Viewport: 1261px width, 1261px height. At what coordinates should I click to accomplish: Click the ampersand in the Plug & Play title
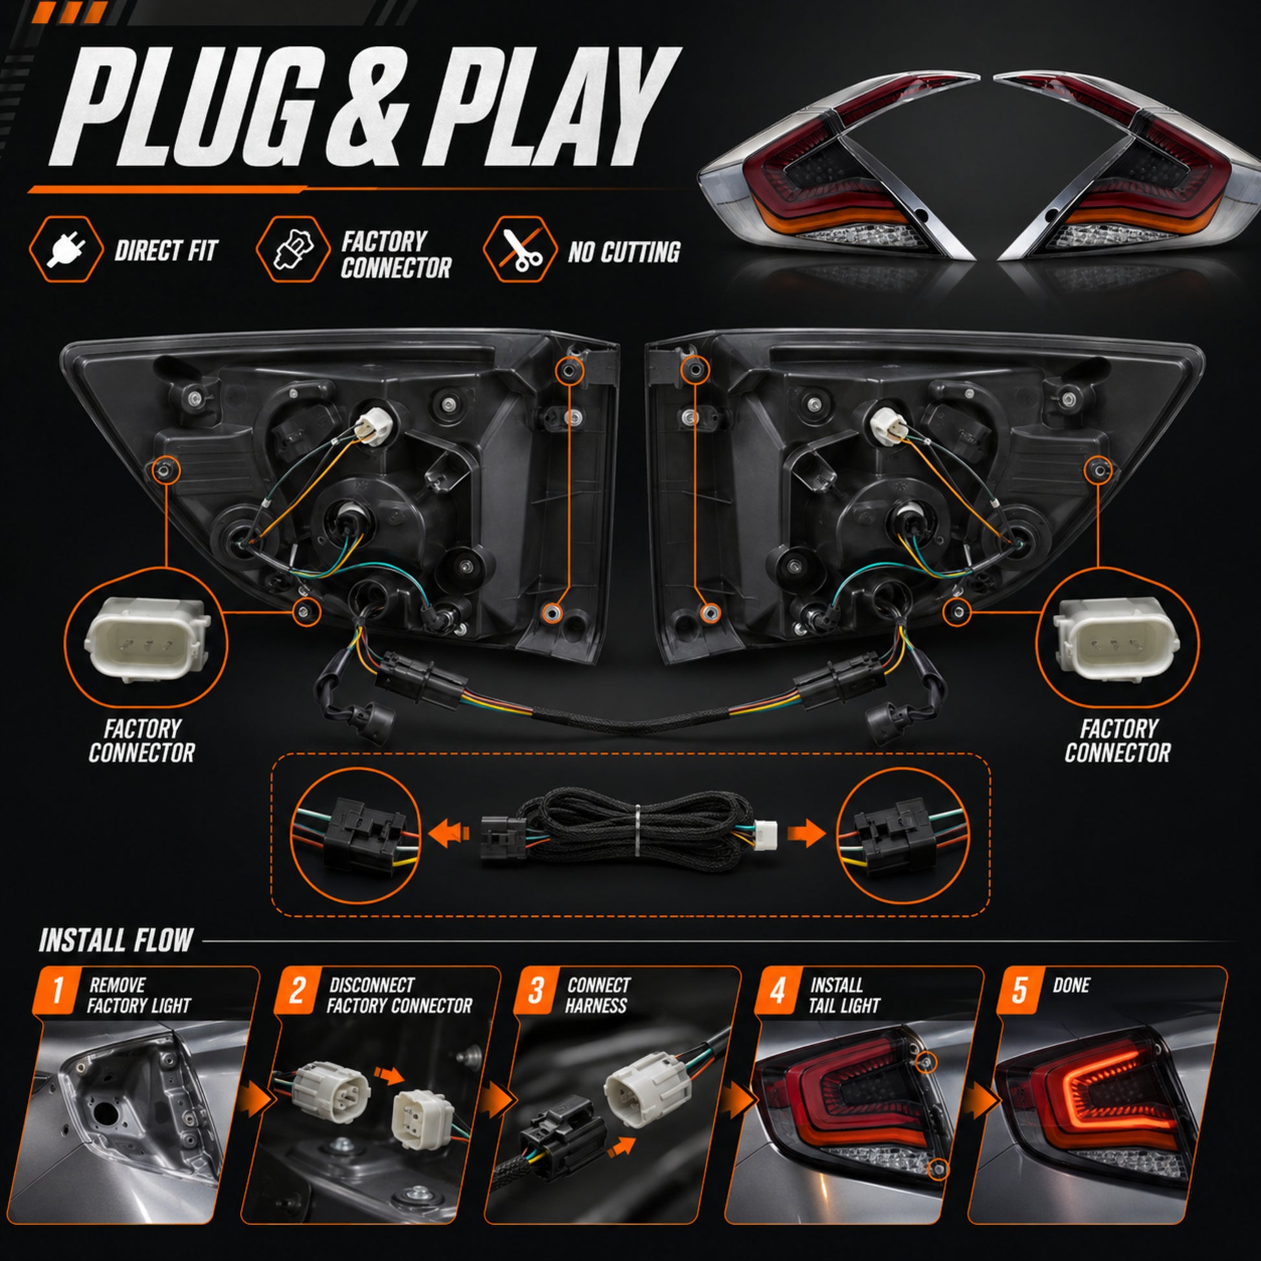tap(366, 108)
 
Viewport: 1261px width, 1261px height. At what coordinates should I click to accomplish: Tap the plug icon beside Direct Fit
tap(66, 250)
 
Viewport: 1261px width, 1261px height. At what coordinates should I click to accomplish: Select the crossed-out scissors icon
tap(520, 250)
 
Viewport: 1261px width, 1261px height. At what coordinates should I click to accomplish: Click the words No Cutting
tap(624, 252)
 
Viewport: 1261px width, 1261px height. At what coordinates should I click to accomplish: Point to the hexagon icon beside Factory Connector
tap(293, 250)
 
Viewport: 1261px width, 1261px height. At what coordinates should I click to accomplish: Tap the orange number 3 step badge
tap(536, 991)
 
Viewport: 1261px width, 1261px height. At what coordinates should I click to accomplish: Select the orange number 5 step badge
tap(1019, 991)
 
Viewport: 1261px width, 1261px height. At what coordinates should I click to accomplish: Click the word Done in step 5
tap(1071, 985)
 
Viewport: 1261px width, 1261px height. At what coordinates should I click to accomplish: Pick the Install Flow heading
tap(116, 940)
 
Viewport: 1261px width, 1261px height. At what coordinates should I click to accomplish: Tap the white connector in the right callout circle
tap(1116, 638)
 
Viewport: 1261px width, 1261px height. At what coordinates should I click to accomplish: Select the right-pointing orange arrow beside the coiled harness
tap(807, 833)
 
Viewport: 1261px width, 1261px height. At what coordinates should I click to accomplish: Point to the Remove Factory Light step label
tap(139, 995)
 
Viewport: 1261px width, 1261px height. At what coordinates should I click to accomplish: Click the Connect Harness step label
tap(597, 995)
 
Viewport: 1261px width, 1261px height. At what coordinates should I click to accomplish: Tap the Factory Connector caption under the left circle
tap(142, 741)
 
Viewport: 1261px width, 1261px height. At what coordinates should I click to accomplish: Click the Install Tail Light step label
tap(844, 995)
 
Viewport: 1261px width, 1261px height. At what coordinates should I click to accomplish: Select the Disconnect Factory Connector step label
tap(399, 995)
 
